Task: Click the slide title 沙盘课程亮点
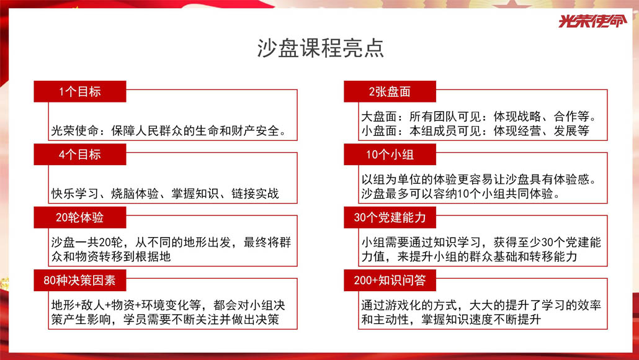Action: coord(320,48)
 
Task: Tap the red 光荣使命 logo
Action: coord(592,20)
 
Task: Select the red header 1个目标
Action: coord(80,91)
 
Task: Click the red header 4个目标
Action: coord(80,155)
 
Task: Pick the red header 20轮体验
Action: coord(80,217)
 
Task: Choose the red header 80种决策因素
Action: coord(80,280)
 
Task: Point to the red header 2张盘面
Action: coord(390,91)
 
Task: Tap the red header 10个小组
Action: coord(390,155)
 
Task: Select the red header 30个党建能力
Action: coord(390,217)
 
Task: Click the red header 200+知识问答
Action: coord(390,280)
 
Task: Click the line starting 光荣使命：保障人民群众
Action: coord(169,130)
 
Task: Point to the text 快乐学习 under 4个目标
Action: coord(75,193)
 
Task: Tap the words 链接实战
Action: coord(255,193)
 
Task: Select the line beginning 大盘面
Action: coord(479,117)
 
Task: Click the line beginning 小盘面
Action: coord(475,130)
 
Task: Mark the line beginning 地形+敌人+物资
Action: coord(168,305)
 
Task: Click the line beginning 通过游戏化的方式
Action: coord(481,305)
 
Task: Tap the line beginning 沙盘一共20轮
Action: coord(171,243)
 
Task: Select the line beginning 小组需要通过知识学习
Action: coord(481,243)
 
